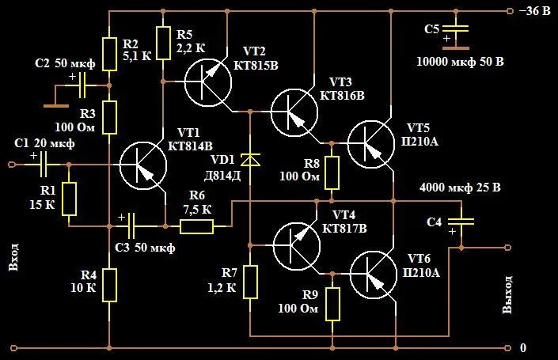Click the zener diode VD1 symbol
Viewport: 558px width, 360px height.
tap(250, 159)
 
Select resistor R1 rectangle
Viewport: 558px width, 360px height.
tap(69, 199)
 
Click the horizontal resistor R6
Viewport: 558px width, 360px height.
tap(196, 227)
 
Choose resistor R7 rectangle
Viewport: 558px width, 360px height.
tap(250, 282)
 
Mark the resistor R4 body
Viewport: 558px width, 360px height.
tap(109, 285)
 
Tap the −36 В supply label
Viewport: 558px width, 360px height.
tap(533, 11)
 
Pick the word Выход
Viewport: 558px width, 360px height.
tap(508, 294)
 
